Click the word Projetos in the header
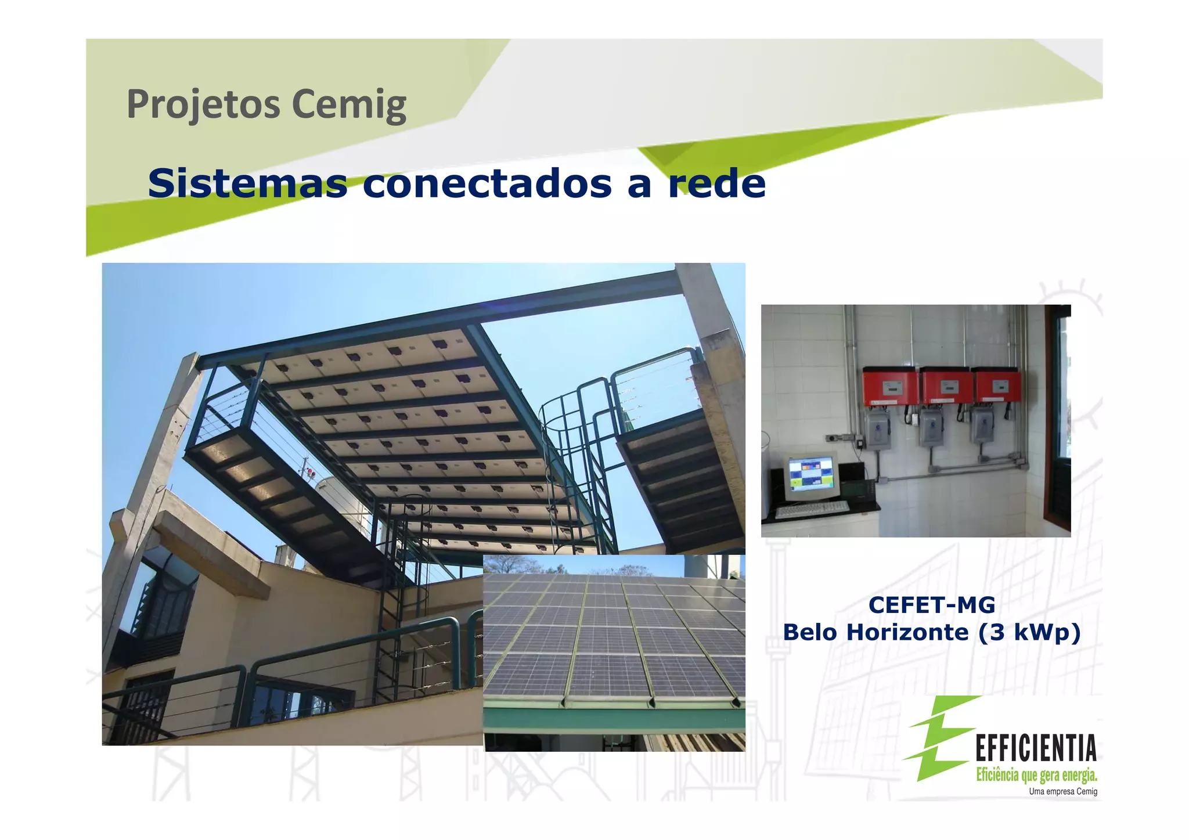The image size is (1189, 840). tap(203, 105)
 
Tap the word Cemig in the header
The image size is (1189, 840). tap(348, 105)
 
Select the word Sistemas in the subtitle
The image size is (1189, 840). tap(247, 183)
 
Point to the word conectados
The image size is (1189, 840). tap(487, 183)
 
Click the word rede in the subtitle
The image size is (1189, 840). tap(716, 183)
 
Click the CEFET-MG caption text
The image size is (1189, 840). tap(931, 605)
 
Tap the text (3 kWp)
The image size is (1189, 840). tap(1029, 632)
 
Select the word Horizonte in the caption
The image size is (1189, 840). tap(907, 632)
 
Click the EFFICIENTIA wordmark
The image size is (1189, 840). tap(1036, 748)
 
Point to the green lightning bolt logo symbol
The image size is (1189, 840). tap(941, 737)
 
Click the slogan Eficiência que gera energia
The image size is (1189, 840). tap(1036, 775)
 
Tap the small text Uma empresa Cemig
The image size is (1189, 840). tap(1062, 792)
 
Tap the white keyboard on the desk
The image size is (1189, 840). tap(812, 510)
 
